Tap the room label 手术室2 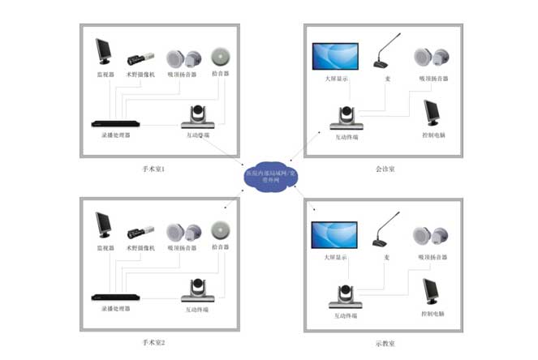(153, 343)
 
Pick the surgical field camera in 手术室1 (137, 60)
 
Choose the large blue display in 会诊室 (336, 57)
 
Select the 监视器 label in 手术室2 (105, 247)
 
